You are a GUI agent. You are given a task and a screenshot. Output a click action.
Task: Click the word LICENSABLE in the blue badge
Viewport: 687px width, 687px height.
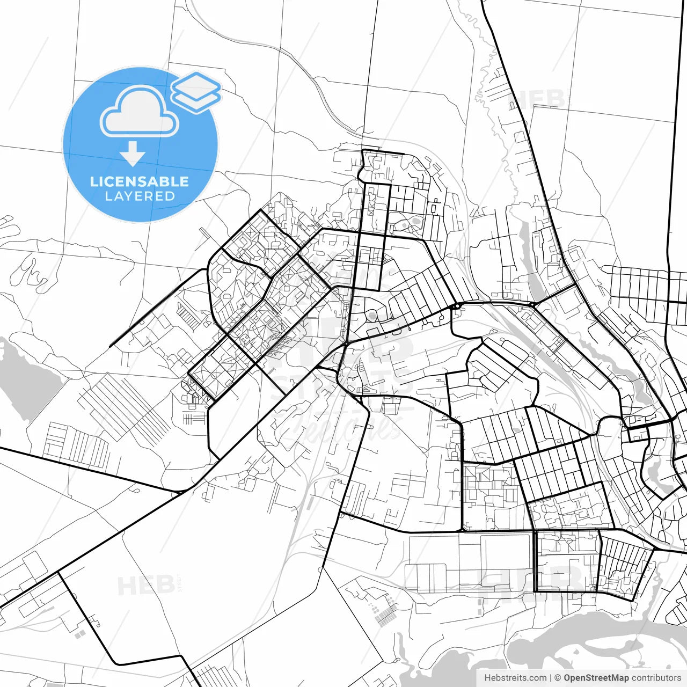pyautogui.click(x=140, y=181)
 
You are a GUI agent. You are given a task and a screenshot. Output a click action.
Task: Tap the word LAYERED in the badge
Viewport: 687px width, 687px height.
pyautogui.click(x=140, y=196)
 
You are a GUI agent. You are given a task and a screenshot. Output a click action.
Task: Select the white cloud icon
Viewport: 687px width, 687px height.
pyautogui.click(x=140, y=112)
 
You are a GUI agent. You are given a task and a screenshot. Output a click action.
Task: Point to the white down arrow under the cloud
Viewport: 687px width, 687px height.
pyautogui.click(x=133, y=154)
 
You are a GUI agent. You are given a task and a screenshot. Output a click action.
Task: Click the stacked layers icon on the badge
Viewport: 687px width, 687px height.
pyautogui.click(x=196, y=92)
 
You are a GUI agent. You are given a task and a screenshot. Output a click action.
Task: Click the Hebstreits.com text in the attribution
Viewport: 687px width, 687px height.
pyautogui.click(x=515, y=678)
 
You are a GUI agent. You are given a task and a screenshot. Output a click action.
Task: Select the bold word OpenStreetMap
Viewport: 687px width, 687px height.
pyautogui.click(x=596, y=678)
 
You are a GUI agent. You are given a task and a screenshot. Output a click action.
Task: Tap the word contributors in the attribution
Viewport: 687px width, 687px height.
pyautogui.click(x=656, y=678)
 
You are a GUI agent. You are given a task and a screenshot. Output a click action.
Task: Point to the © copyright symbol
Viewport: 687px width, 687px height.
pyautogui.click(x=558, y=678)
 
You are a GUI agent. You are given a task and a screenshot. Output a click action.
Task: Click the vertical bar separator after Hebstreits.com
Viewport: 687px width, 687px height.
pyautogui.click(x=551, y=678)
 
